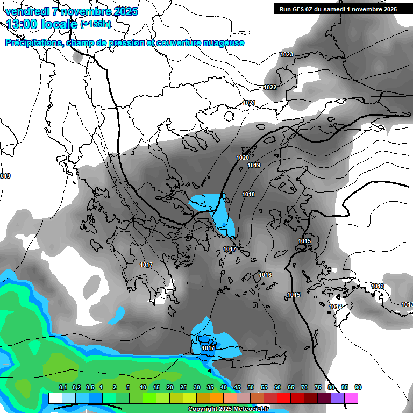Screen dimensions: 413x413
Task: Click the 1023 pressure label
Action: coord(287,55)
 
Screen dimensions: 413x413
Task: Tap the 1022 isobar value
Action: coord(270,88)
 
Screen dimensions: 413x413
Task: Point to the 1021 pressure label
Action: coord(249,103)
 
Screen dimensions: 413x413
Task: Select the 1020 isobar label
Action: coord(243,158)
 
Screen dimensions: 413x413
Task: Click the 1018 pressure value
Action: coord(248,194)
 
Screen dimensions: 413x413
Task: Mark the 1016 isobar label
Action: coord(265,275)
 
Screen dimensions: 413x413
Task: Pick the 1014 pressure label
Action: coord(336,307)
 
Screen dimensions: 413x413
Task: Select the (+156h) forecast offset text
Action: coord(96,24)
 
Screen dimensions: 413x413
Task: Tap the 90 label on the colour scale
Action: coord(358,387)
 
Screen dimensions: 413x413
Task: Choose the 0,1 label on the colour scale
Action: coord(63,387)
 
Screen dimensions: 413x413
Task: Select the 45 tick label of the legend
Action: coord(237,387)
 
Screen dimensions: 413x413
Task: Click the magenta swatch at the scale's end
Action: coord(351,398)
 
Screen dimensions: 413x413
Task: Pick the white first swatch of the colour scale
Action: coord(55,398)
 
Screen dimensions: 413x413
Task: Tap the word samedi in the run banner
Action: coord(334,9)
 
